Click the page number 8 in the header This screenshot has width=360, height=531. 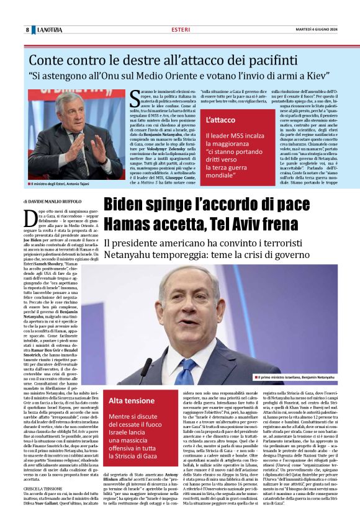(27, 30)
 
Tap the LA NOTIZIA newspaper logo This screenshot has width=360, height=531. (49, 30)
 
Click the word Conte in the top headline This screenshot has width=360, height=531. (47, 60)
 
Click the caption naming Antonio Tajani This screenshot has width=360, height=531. (63, 185)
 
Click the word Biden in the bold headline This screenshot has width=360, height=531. (126, 205)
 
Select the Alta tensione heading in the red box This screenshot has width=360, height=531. (132, 400)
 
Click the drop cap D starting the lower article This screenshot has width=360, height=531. (28, 218)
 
